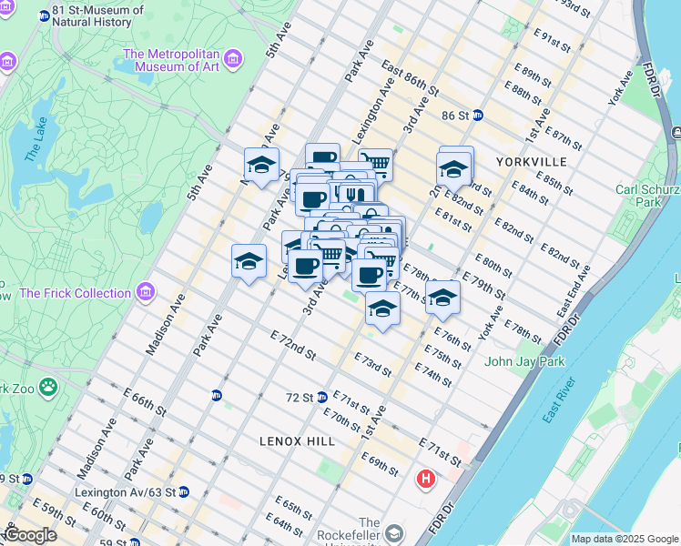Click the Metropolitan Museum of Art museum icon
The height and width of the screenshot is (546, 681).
[234, 60]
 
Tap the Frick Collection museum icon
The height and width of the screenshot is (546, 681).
[145, 292]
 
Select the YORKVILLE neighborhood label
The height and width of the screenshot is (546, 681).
[532, 161]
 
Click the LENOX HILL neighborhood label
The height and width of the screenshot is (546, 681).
[297, 440]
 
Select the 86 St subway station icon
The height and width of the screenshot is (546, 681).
[477, 116]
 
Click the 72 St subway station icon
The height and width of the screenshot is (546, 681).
[321, 398]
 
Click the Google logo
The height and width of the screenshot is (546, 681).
[30, 535]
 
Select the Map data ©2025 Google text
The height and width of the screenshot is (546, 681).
[625, 539]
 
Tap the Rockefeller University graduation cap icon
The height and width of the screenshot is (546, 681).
[393, 533]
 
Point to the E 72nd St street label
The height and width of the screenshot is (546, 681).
[292, 344]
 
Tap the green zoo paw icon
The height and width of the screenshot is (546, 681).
[47, 389]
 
